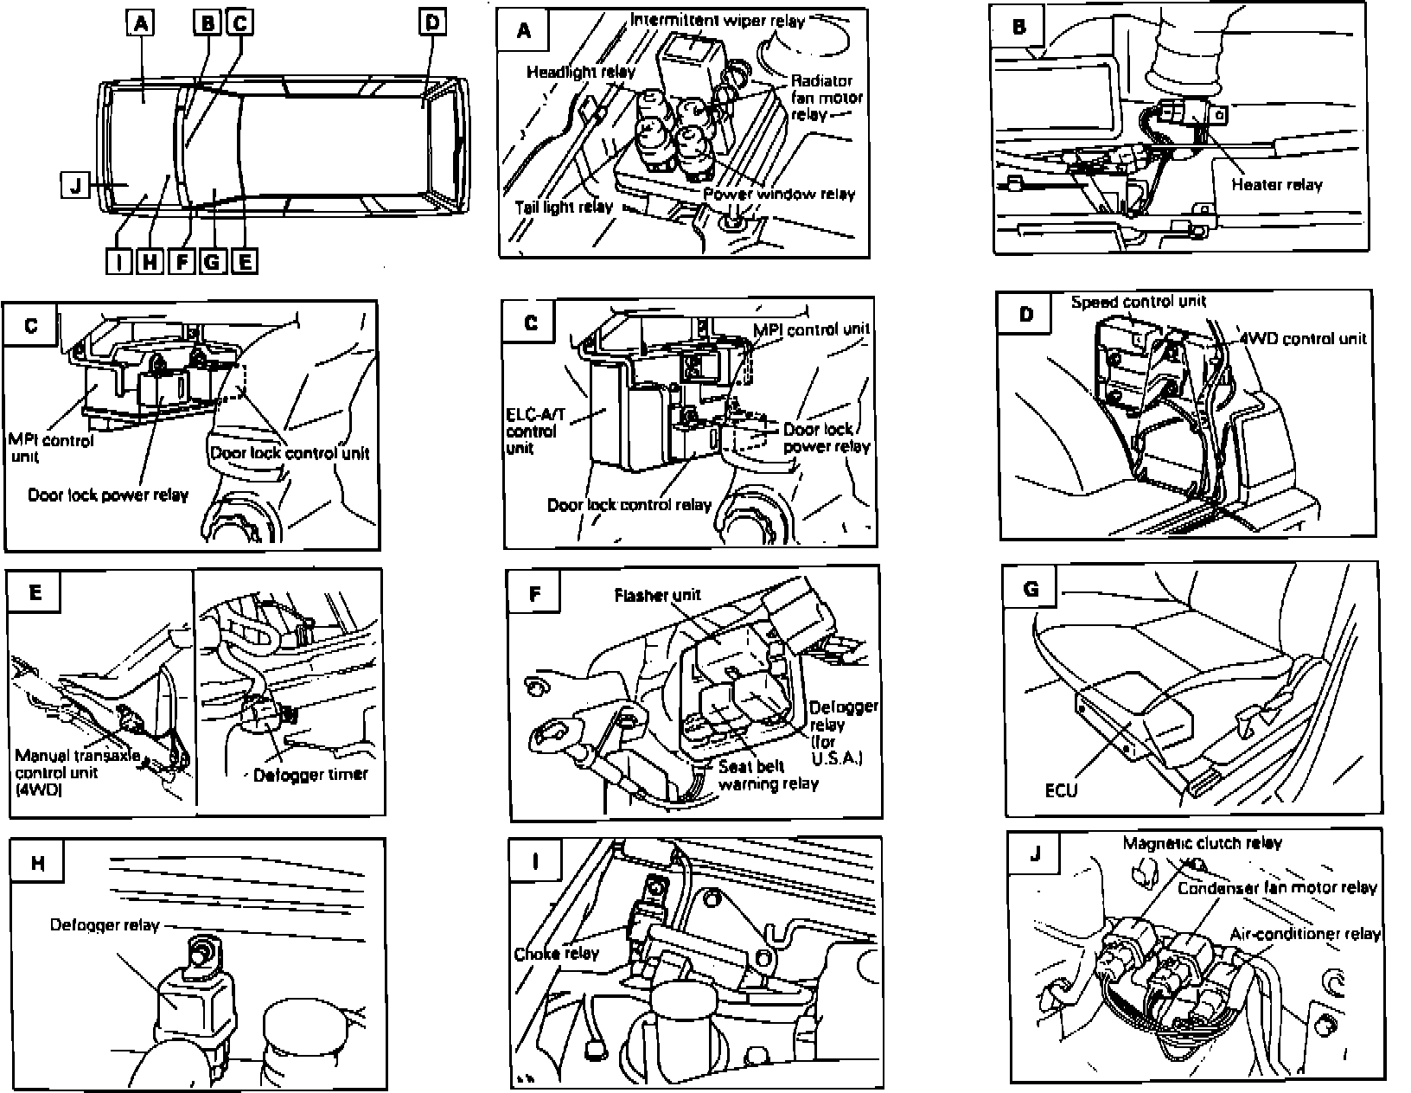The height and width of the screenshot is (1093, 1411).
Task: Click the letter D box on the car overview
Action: [431, 22]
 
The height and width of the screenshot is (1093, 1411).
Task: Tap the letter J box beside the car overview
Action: [76, 185]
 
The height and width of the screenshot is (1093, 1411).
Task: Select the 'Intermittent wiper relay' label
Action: [717, 20]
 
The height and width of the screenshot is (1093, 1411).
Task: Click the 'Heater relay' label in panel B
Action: [1276, 184]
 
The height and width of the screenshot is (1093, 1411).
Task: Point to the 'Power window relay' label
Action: [778, 194]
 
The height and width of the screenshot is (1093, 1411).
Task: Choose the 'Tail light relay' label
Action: [563, 207]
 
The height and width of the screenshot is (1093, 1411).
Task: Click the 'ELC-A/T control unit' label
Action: [534, 431]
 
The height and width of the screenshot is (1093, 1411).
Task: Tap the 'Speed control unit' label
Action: [1138, 302]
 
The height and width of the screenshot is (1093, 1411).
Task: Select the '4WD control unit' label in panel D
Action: [1304, 338]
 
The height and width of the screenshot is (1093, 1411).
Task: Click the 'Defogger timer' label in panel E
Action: [310, 775]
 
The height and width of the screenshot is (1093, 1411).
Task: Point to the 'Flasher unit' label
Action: [657, 595]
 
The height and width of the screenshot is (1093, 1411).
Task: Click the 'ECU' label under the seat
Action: [1061, 789]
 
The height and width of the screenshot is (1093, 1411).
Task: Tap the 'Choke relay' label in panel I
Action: [556, 954]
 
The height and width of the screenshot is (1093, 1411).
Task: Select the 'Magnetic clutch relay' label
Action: [1202, 843]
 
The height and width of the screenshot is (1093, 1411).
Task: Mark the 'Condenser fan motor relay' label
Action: [1276, 888]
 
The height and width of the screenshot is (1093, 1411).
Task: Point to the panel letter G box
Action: [1031, 589]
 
